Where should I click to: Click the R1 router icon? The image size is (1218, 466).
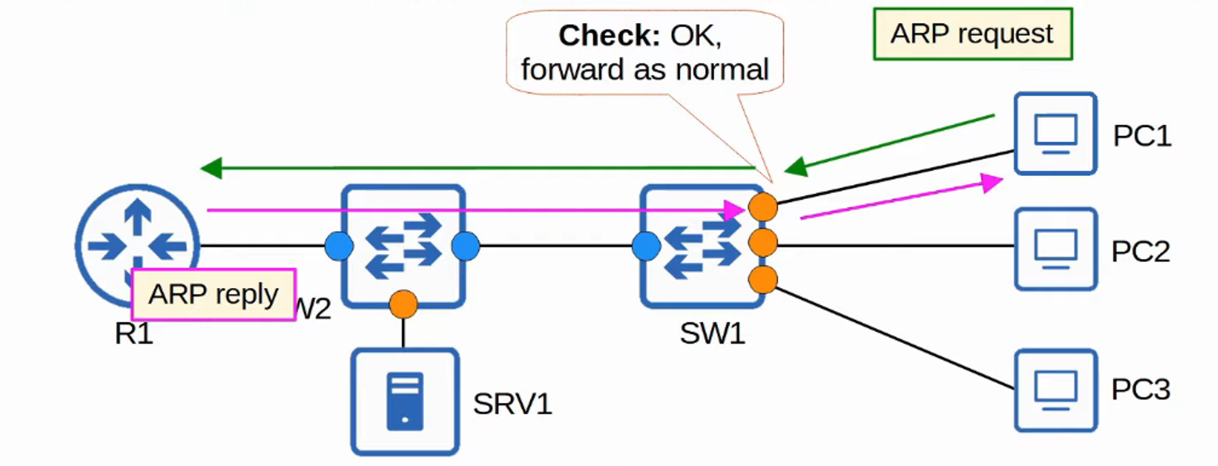coord(137,238)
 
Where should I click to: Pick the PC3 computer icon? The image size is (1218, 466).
coord(1055,390)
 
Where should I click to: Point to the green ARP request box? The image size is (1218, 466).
coord(973,34)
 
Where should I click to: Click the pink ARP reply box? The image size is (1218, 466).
coord(214,295)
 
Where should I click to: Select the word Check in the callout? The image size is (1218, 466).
coord(609,36)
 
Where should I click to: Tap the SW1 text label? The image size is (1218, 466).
coord(712,334)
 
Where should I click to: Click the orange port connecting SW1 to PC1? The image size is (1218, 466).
coord(763,207)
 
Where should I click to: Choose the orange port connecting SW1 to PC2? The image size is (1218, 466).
coord(763,244)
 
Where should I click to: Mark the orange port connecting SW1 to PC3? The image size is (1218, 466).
coord(763,280)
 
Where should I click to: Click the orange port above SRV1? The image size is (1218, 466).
coord(403,304)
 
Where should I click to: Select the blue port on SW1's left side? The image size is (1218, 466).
coord(646,246)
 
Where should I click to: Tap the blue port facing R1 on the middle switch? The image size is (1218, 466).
coord(339,246)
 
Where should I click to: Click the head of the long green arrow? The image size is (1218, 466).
coord(211,168)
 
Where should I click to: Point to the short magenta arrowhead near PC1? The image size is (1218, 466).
coord(993,182)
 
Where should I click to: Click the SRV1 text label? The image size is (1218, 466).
coord(512,404)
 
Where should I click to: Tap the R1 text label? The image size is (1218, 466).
coord(134,334)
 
